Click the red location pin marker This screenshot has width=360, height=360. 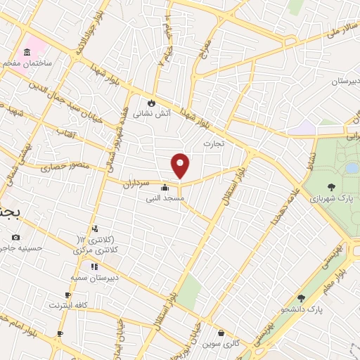(x=181, y=165)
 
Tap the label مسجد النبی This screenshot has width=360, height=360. (x=165, y=199)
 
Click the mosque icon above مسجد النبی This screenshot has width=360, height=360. (x=165, y=188)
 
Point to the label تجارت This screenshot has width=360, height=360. (x=212, y=143)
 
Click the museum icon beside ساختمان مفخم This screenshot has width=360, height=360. (x=27, y=53)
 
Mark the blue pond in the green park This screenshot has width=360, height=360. (x=349, y=168)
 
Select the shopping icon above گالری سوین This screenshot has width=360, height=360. (x=221, y=333)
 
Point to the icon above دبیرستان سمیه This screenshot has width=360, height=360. (x=94, y=266)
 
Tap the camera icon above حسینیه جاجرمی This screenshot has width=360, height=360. (x=16, y=237)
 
